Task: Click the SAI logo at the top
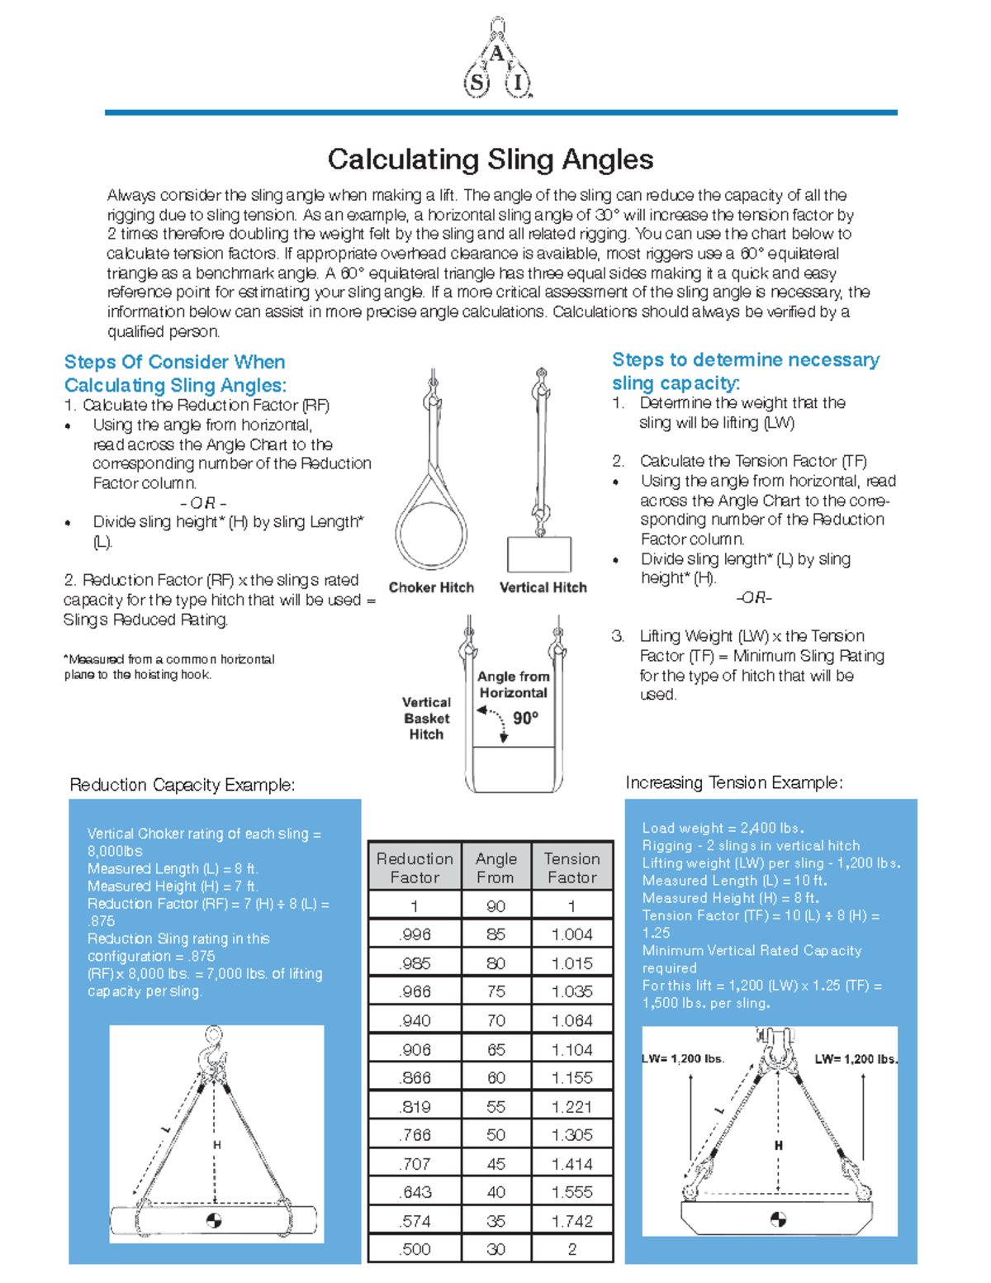tap(496, 60)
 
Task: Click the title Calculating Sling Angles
tap(491, 159)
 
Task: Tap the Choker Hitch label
tap(431, 587)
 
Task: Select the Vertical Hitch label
tap(543, 587)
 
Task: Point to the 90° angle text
tap(525, 718)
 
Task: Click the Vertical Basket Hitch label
tap(426, 718)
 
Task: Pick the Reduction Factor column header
tap(415, 867)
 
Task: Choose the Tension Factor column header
tap(571, 867)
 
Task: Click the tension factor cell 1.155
tap(571, 1077)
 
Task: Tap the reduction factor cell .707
tap(415, 1163)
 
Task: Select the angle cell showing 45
tap(495, 1163)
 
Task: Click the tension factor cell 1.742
tap(571, 1221)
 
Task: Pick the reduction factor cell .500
tap(415, 1249)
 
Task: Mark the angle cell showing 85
tap(495, 934)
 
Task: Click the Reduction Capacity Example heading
tap(182, 785)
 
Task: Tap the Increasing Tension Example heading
tap(733, 782)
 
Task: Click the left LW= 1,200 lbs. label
tap(683, 1059)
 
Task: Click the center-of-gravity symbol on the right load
tap(777, 1219)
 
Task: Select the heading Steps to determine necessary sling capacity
tap(745, 371)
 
